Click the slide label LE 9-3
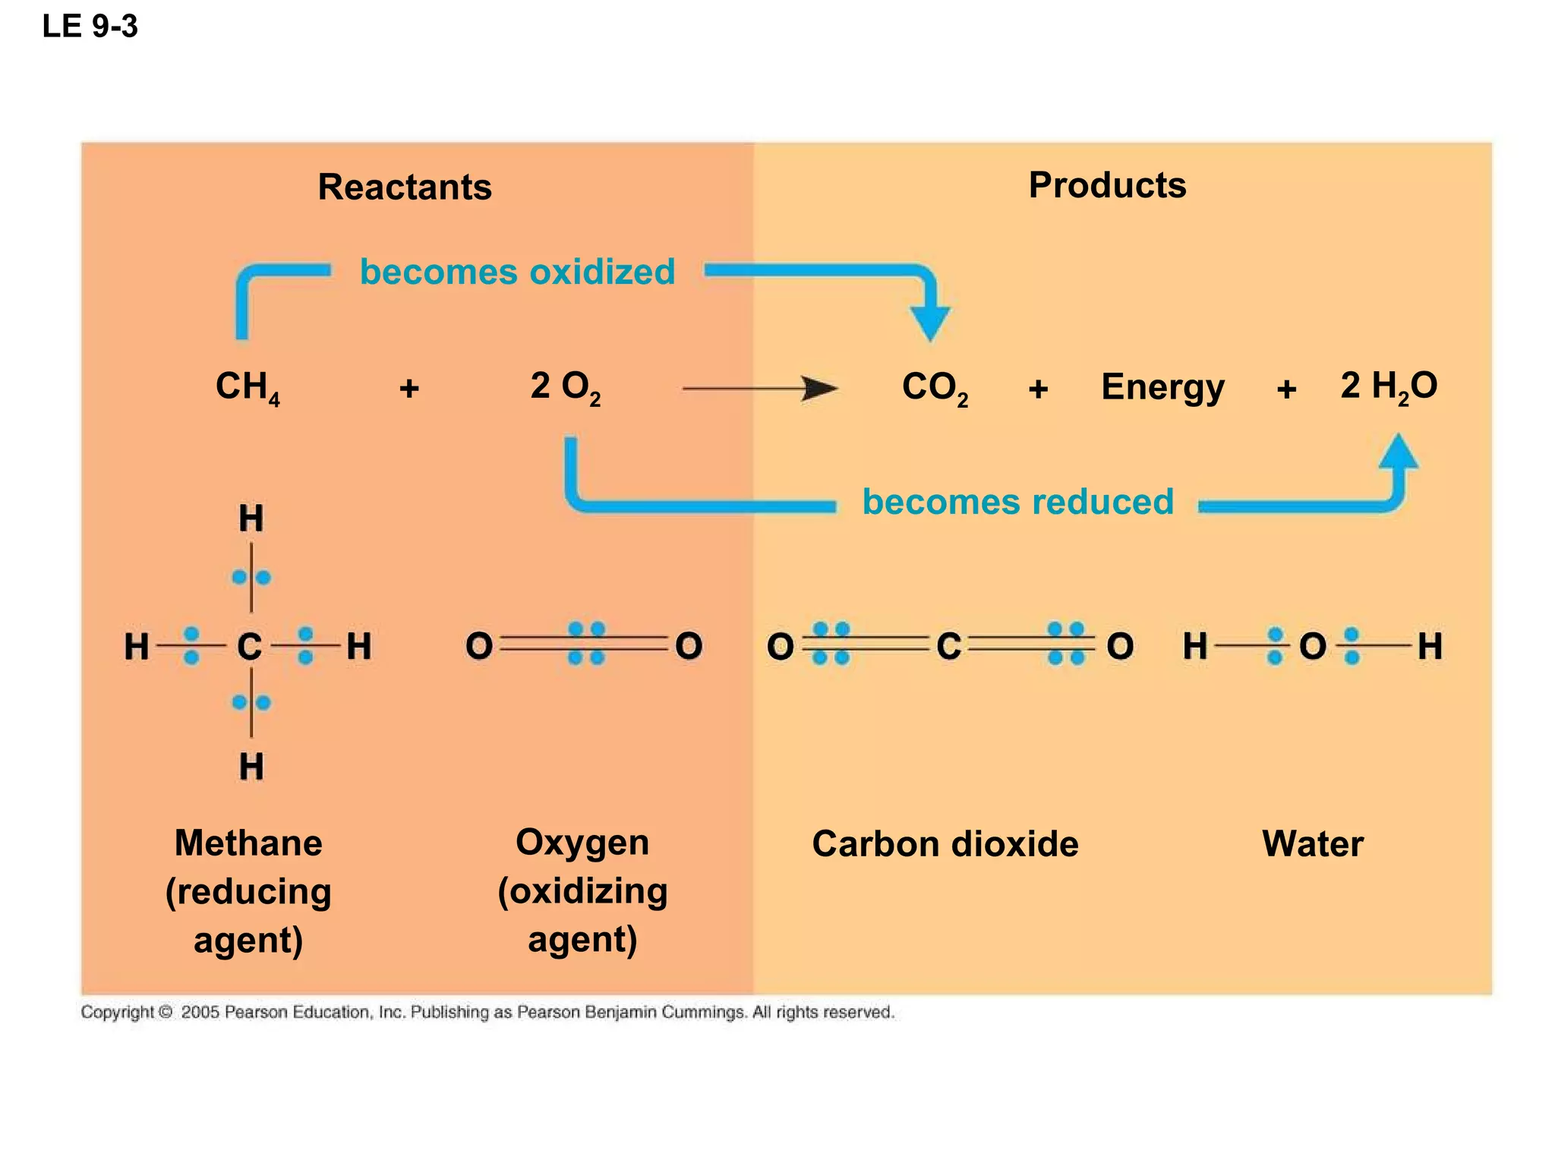[x=90, y=27]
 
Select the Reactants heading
[x=405, y=187]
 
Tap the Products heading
[x=1107, y=185]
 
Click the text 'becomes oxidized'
[x=517, y=272]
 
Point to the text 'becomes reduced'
[x=1017, y=502]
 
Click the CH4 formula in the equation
[x=248, y=388]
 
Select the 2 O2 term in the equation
[x=565, y=388]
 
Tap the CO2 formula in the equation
[x=935, y=388]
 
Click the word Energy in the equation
[x=1162, y=388]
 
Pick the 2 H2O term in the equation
[x=1388, y=386]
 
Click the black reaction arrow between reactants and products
[x=759, y=389]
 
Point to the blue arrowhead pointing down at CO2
[x=930, y=323]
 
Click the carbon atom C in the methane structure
[x=250, y=647]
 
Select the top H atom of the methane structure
[x=251, y=519]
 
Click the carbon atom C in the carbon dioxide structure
[x=948, y=647]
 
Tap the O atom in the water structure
[x=1313, y=647]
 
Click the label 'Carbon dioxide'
[x=945, y=844]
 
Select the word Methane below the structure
[x=248, y=843]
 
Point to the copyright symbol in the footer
[x=166, y=1012]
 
